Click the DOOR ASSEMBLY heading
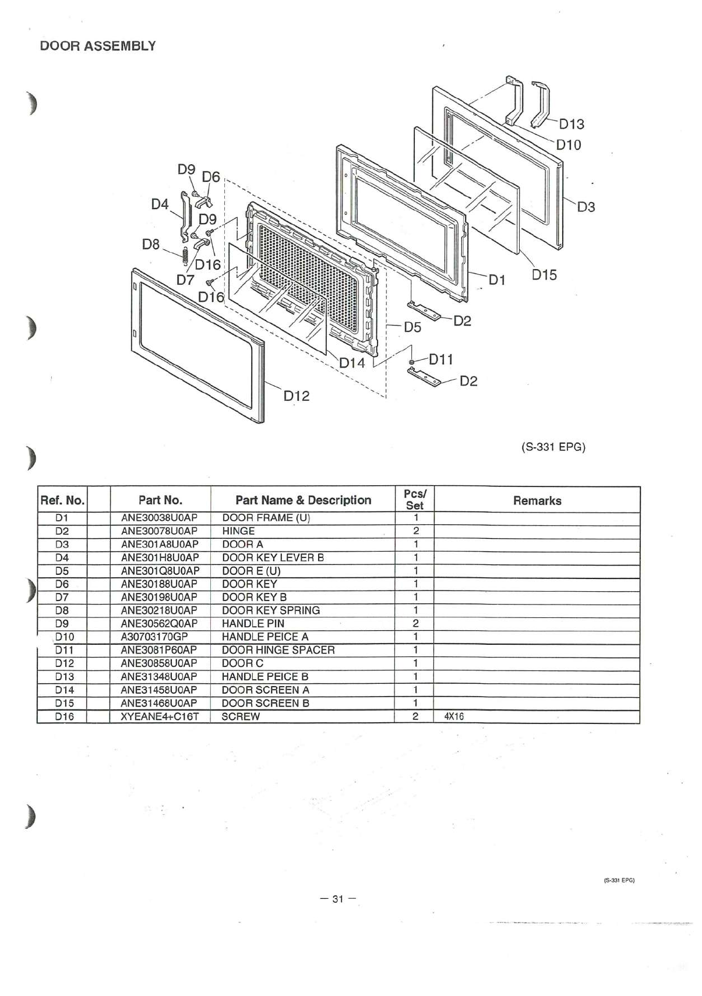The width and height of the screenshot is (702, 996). coord(98,46)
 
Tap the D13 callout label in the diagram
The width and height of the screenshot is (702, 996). coord(572,124)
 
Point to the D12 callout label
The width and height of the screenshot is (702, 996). coord(297,395)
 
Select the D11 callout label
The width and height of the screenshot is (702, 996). coord(441,359)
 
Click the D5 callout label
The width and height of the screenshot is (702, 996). coord(412,327)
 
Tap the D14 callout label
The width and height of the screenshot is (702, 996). coord(352,363)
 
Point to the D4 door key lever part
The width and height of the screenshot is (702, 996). coord(185,217)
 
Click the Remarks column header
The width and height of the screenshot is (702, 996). coord(537,501)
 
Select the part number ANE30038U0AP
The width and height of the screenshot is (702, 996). coord(159,518)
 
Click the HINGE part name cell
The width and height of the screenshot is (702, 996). coord(238,531)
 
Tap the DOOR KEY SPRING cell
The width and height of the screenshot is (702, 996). coord(271,610)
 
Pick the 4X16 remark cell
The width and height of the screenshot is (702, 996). coord(454,716)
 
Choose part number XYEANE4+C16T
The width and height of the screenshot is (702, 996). coord(160,716)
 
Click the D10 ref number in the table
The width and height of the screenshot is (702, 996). coord(65,637)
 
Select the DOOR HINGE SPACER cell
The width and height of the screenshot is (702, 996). coord(278,650)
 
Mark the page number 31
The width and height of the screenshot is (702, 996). coord(338,899)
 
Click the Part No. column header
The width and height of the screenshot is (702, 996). coord(160,500)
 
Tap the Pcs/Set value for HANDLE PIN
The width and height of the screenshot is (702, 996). coord(415,623)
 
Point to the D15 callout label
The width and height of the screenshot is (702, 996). coord(544,275)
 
